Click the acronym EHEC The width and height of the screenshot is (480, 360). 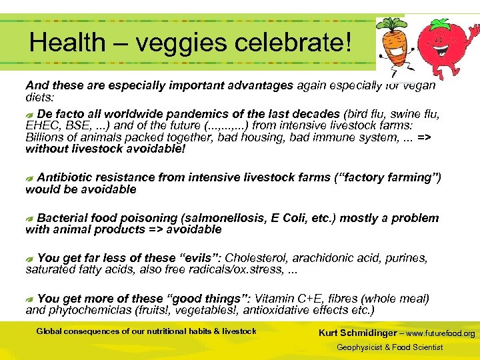coord(41,125)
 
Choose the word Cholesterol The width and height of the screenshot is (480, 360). coord(261,258)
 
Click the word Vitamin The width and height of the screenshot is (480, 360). coord(274,299)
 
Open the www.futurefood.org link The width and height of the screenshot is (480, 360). coord(441,333)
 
